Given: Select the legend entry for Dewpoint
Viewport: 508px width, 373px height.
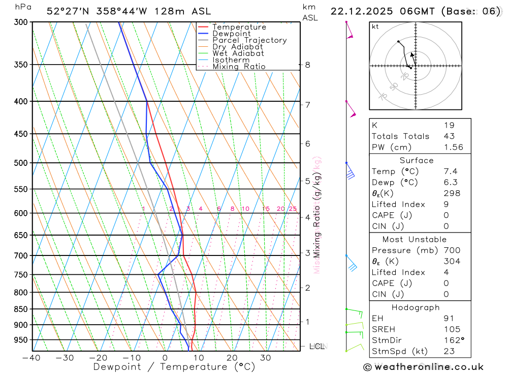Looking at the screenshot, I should point(232,34).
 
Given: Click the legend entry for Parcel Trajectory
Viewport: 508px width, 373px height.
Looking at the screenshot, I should point(249,40).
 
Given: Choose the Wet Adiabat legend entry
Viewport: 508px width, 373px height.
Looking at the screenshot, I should point(238,53).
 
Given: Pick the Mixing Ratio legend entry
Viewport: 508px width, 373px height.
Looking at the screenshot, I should point(239,67).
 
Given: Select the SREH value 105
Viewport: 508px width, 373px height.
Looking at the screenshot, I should point(450,329).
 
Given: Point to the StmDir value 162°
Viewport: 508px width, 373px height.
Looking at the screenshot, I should point(453,340).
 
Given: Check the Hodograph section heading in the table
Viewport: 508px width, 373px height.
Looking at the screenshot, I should point(416,307).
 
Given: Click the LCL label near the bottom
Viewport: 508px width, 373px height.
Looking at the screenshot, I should point(316,347).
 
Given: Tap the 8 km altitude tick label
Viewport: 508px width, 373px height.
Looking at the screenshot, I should point(307,65).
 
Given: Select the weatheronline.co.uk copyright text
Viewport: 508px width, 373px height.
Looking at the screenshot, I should point(423,367).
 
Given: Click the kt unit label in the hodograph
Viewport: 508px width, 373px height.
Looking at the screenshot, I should point(375,26).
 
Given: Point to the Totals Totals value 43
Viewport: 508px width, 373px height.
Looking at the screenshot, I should point(449,136).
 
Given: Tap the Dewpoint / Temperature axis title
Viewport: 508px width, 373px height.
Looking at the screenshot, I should point(174,367).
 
